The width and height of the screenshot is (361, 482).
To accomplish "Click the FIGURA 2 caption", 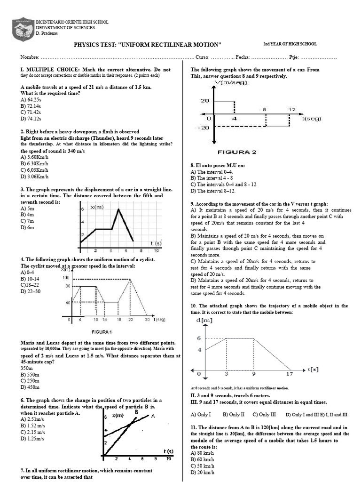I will [x=236, y=152].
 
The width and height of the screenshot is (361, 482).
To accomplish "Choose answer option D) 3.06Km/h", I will [x=34, y=177].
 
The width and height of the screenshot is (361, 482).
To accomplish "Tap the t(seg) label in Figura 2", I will [x=311, y=119].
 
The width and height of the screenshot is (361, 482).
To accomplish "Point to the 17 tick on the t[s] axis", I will [x=289, y=374].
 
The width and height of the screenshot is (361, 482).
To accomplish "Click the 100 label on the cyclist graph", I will [x=65, y=277].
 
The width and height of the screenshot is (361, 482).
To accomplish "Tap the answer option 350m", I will [x=27, y=368].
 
